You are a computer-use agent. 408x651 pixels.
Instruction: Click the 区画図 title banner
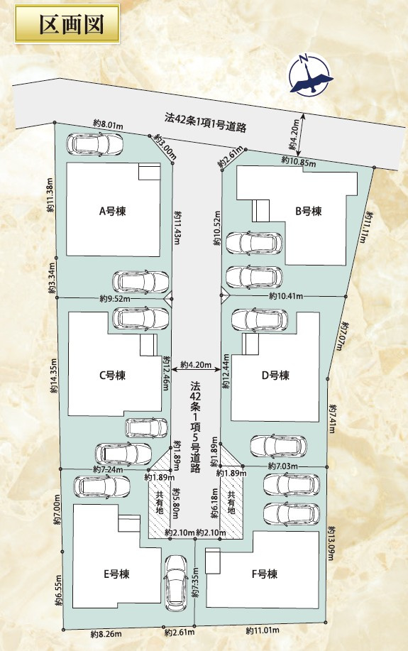(x=67, y=24)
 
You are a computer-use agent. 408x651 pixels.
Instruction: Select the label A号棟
(x=112, y=212)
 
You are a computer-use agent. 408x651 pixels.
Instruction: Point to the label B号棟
(x=309, y=212)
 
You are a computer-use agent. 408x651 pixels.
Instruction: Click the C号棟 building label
(x=112, y=376)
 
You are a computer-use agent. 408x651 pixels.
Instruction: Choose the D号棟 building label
(x=275, y=376)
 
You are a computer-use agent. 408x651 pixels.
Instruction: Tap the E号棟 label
(x=116, y=574)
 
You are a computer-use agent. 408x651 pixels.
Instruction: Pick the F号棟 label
(x=265, y=574)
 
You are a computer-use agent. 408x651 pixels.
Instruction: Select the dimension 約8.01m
(x=108, y=124)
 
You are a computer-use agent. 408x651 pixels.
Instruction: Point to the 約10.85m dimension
(x=299, y=161)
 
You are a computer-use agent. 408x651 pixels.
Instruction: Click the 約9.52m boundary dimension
(x=115, y=298)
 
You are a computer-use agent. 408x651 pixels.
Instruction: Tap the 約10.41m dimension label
(x=286, y=296)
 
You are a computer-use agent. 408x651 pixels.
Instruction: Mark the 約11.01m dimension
(x=263, y=630)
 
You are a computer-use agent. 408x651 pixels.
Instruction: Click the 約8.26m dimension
(x=106, y=634)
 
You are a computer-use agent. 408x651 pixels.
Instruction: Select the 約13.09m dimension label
(x=331, y=543)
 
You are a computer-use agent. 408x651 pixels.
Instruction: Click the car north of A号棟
(x=94, y=144)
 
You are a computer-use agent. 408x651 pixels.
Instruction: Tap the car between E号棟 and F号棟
(x=177, y=584)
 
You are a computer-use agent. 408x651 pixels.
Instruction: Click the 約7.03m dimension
(x=283, y=466)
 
